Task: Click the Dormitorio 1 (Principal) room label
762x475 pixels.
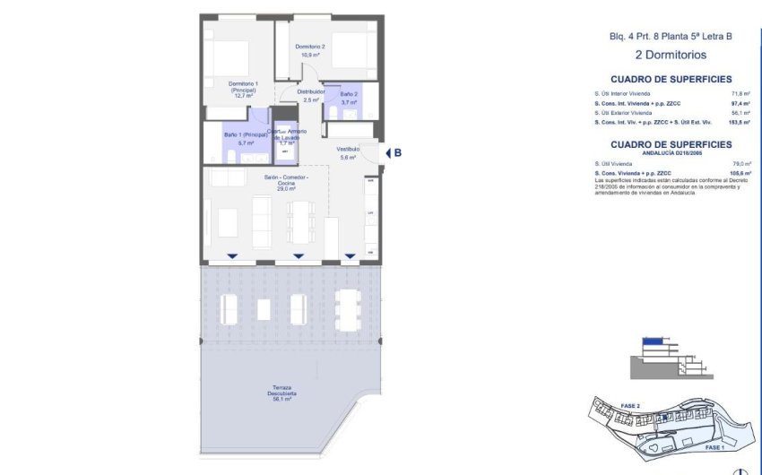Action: click(244, 89)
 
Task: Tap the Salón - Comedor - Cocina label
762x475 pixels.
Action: click(286, 182)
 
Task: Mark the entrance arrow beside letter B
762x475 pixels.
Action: click(387, 153)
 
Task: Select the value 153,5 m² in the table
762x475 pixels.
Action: click(740, 123)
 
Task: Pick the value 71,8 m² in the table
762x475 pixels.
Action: click(740, 93)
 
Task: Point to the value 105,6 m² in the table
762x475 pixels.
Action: click(740, 174)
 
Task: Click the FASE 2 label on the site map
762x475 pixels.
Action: click(630, 405)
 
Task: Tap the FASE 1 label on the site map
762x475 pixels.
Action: click(714, 446)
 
